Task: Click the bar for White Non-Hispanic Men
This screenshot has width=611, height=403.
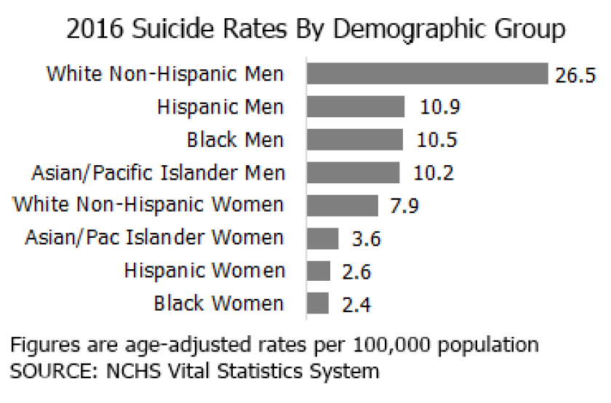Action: click(427, 74)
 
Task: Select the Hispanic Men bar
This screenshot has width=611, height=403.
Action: click(356, 107)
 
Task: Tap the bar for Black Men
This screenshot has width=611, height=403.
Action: click(355, 140)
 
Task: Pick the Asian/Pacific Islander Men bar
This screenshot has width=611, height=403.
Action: click(354, 172)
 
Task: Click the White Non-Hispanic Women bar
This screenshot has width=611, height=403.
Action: click(343, 205)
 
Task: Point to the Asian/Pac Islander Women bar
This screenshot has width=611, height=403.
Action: click(323, 239)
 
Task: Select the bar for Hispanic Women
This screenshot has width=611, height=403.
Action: click(319, 271)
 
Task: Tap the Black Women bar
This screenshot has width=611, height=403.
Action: click(318, 303)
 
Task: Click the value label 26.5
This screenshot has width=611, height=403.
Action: click(575, 76)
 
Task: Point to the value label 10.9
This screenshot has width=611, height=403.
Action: click(440, 108)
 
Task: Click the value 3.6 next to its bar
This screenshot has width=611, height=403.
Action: click(366, 239)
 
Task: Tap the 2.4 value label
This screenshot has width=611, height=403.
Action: click(356, 305)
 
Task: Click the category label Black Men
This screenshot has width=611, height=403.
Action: click(235, 140)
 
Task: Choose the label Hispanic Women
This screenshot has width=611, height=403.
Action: click(204, 271)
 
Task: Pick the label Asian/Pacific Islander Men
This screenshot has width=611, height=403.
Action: click(159, 173)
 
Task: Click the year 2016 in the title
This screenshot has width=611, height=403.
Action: click(91, 30)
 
